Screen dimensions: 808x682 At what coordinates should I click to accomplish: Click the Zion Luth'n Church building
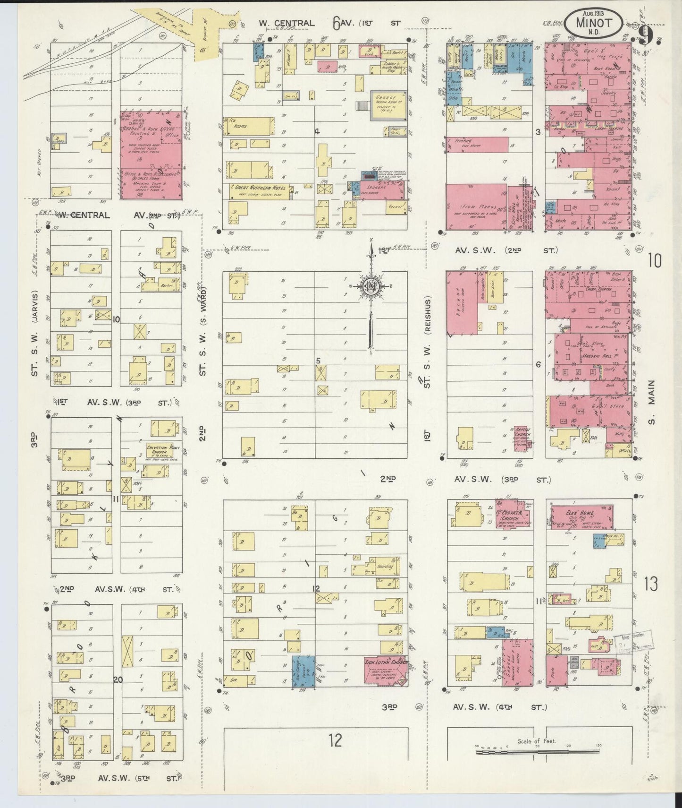(385, 670)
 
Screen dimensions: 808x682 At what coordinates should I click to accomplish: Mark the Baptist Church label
(522, 434)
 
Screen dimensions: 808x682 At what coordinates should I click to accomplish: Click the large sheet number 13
(653, 584)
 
